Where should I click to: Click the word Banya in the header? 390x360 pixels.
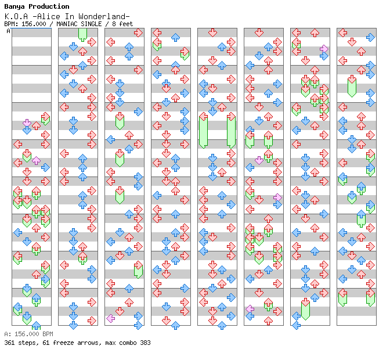(x=15, y=7)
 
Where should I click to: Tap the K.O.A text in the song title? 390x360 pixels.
(x=16, y=16)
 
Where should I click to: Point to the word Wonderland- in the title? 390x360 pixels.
(x=104, y=16)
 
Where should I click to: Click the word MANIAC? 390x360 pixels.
(x=67, y=24)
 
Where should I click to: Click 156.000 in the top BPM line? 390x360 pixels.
(x=34, y=24)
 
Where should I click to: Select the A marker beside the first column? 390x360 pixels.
(x=9, y=31)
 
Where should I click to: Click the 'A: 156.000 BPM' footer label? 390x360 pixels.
(x=28, y=334)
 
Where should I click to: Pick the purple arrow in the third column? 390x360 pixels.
(x=110, y=318)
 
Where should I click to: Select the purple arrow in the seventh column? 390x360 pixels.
(x=324, y=49)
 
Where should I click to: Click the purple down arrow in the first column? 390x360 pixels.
(x=27, y=123)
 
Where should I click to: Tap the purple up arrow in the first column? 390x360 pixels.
(x=36, y=160)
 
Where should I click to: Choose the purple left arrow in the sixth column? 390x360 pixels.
(x=250, y=309)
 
